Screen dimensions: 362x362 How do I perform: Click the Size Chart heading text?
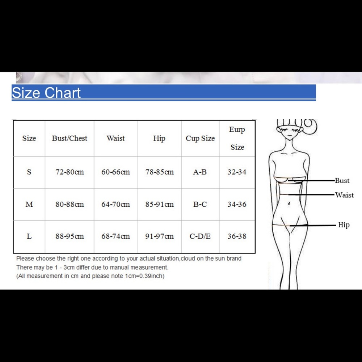tap(46, 93)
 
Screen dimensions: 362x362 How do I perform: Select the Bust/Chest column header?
tap(70, 138)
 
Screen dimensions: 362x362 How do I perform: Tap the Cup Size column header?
tap(200, 138)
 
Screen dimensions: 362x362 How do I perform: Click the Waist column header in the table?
tap(115, 138)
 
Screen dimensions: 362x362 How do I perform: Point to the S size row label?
tap(29, 172)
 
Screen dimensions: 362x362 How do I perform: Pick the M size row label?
tap(29, 204)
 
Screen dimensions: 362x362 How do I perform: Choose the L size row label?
tap(29, 236)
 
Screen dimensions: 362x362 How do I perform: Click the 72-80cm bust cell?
tap(70, 172)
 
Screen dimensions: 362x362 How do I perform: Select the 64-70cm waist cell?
tap(115, 204)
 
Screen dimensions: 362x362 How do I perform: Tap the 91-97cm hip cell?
tap(159, 236)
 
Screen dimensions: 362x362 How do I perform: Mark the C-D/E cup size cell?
tap(200, 236)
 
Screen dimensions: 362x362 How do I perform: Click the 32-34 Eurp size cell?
tap(237, 172)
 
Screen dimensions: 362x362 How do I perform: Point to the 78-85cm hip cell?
tap(159, 172)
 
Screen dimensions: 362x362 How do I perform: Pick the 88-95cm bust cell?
tap(70, 236)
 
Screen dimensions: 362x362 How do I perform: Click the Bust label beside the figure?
tap(342, 181)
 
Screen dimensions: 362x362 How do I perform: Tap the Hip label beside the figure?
tap(344, 225)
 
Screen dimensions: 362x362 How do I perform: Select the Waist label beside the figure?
tap(344, 195)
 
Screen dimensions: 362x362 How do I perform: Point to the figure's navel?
tap(289, 203)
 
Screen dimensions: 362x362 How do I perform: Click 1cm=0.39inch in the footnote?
tap(144, 276)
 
